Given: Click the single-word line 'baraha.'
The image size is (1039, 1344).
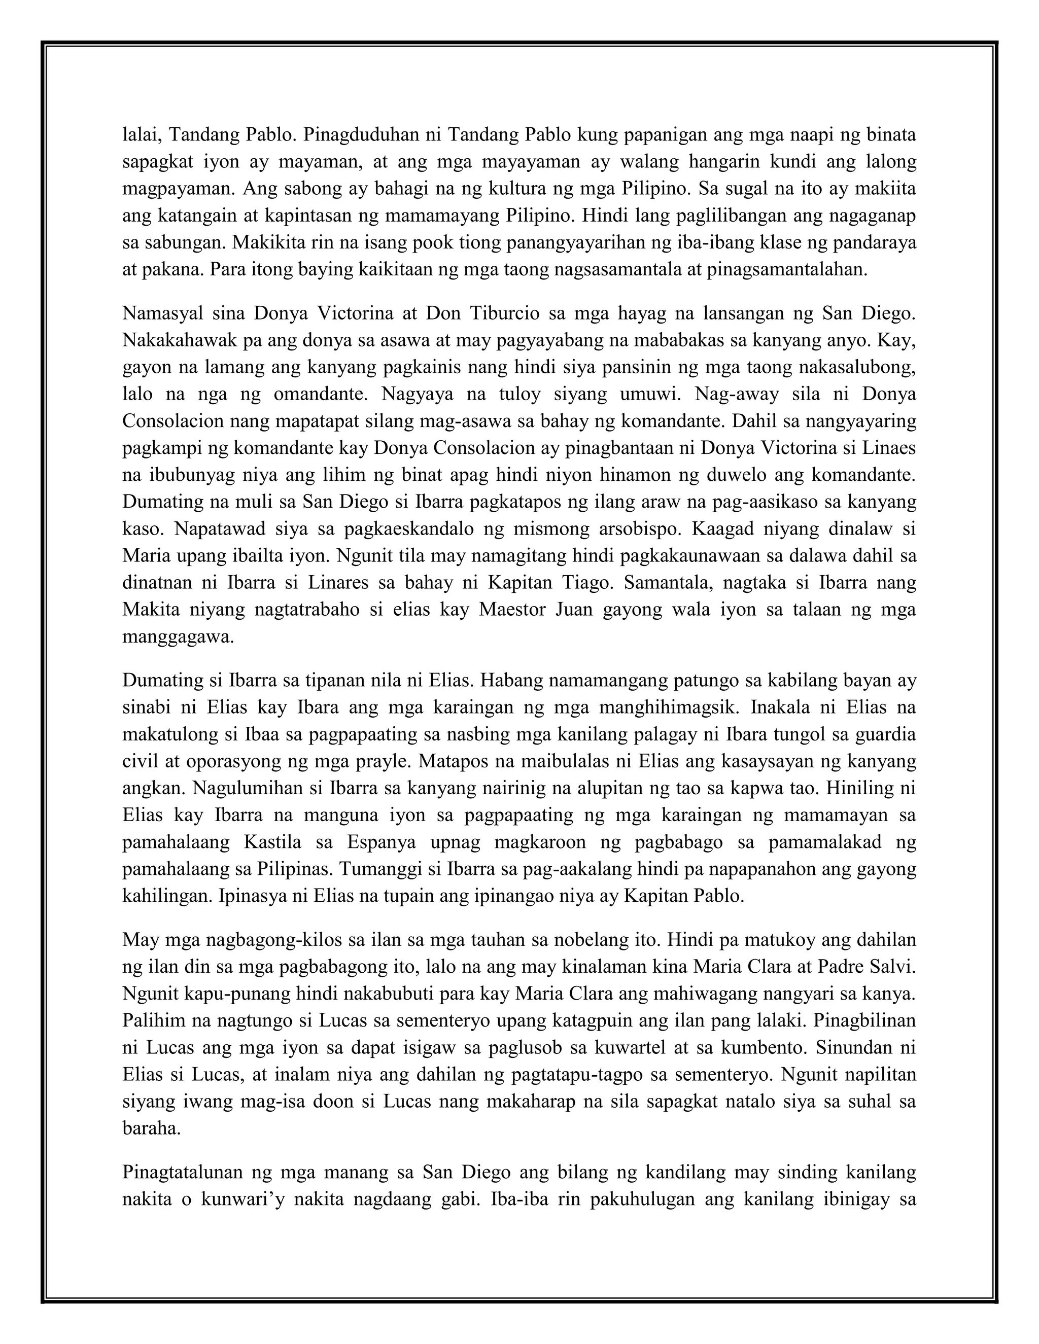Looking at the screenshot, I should [x=152, y=1127].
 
